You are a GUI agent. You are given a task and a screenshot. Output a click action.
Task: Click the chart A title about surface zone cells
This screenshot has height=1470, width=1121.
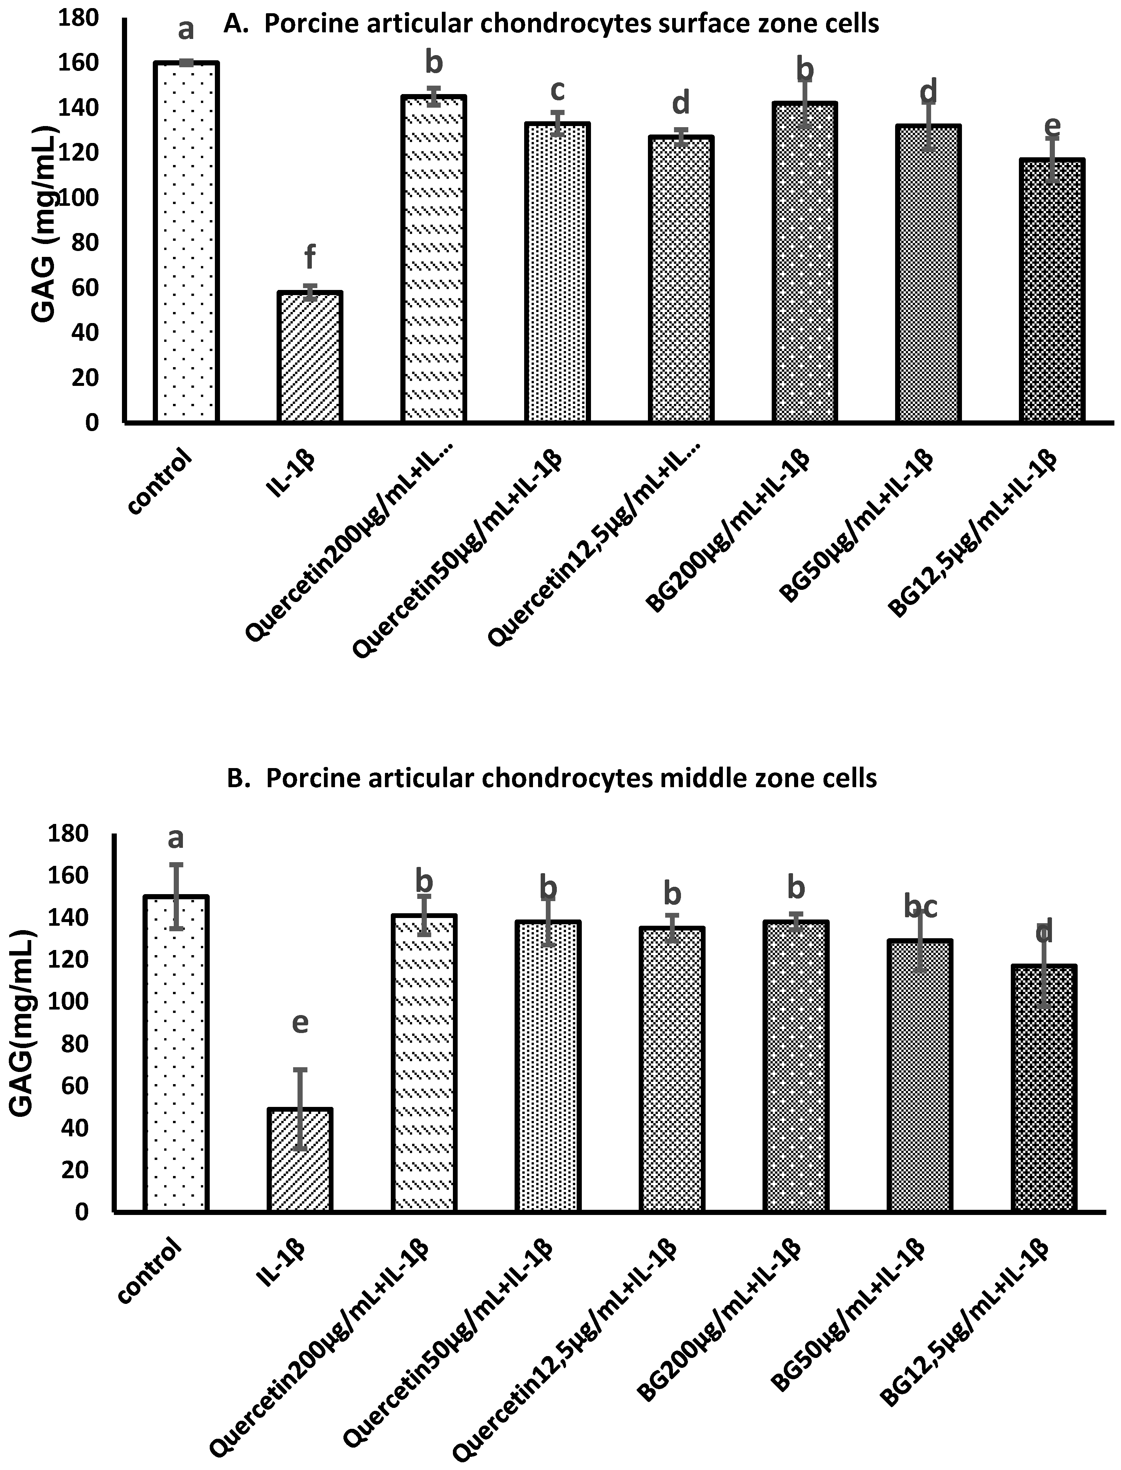pos(551,24)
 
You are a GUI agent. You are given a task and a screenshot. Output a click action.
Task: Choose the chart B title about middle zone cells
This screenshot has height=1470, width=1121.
pos(551,778)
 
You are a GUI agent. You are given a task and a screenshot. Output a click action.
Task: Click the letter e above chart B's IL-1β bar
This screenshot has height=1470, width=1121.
pos(300,1023)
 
